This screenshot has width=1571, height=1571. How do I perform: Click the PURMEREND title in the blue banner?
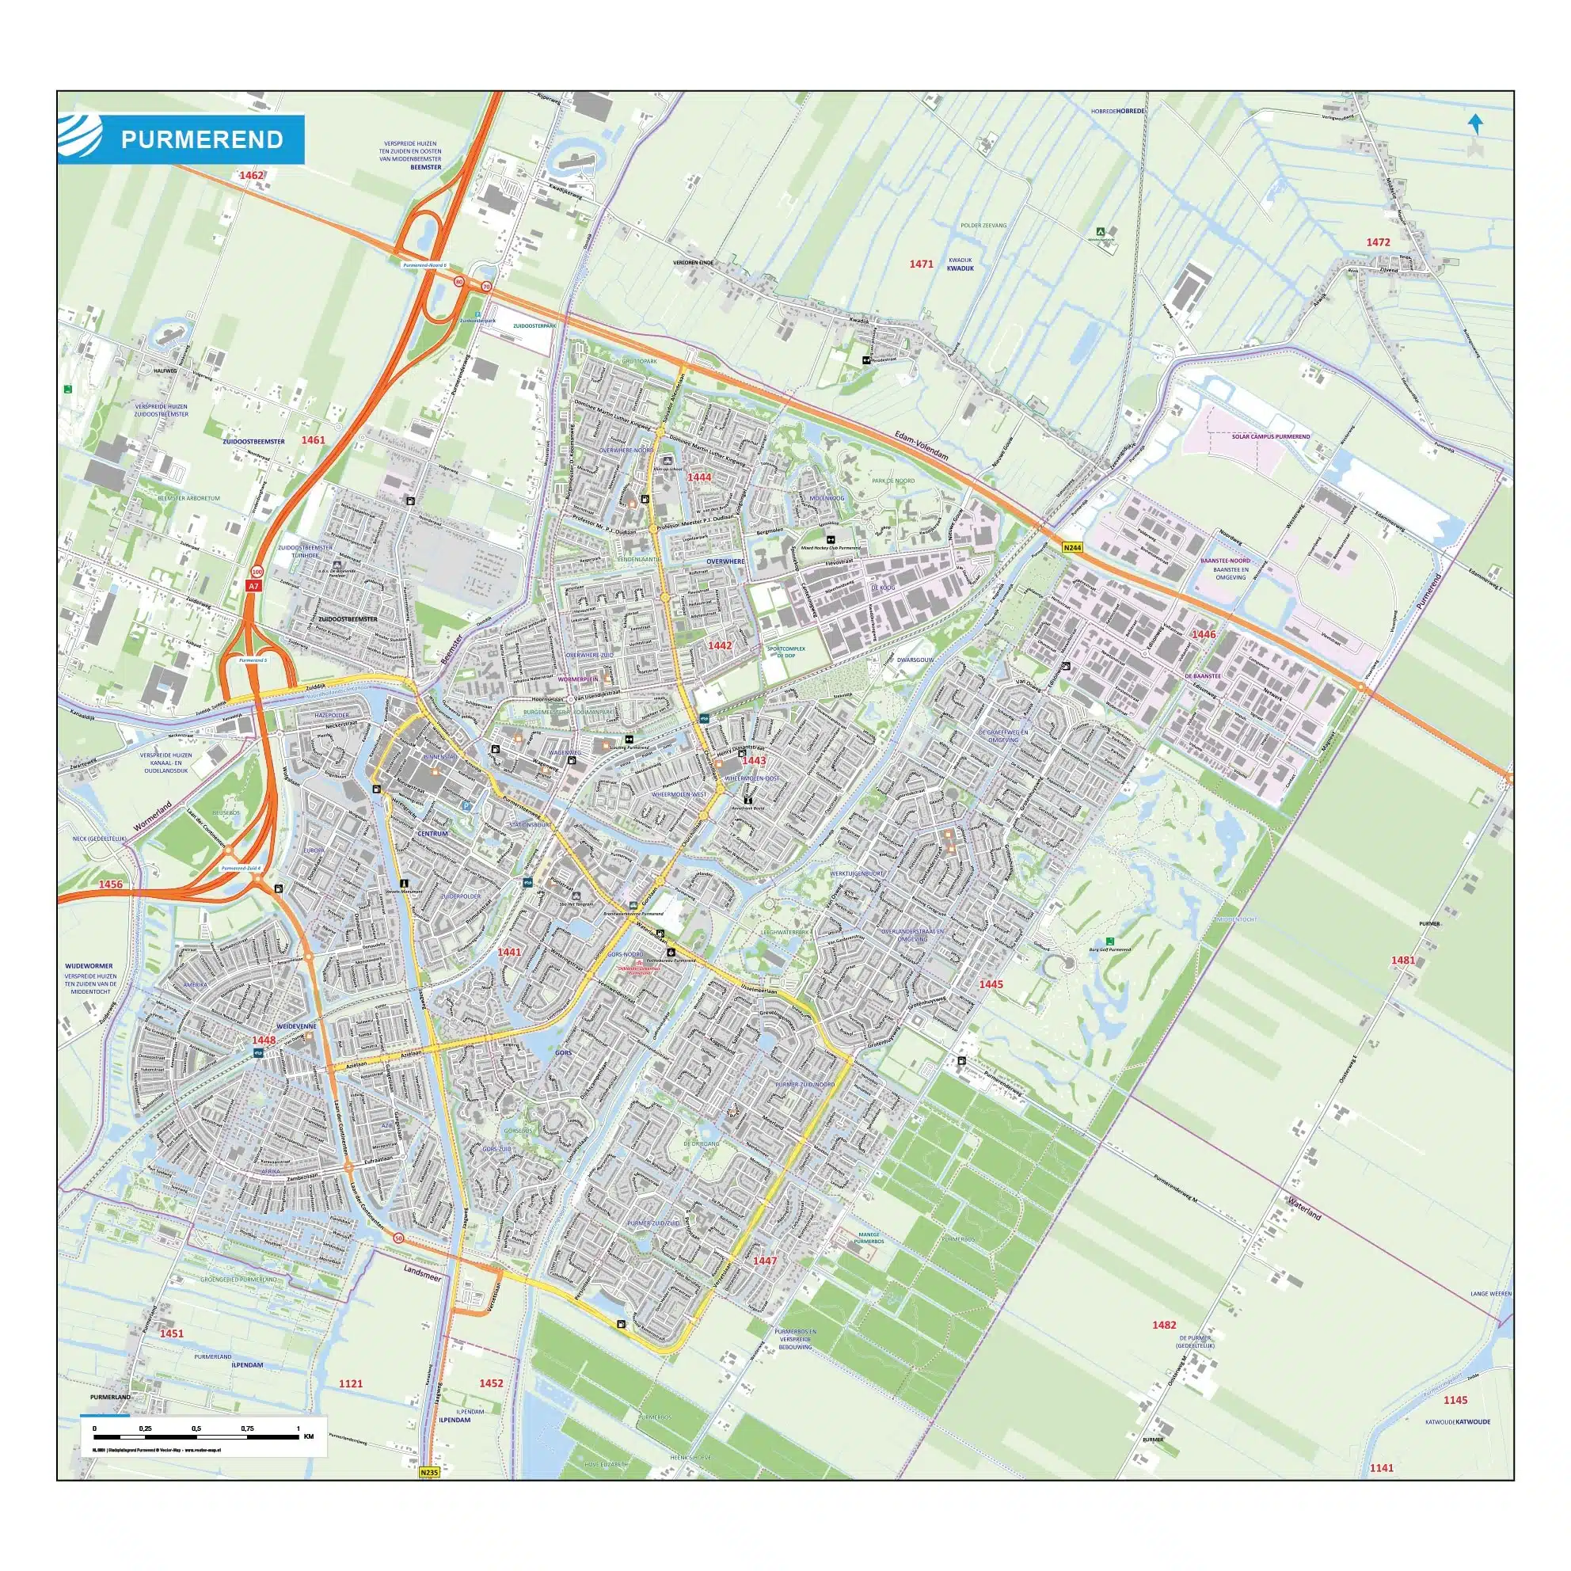(x=202, y=140)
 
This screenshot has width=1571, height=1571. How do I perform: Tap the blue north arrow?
(x=1475, y=124)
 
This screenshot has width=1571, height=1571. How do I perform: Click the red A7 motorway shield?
(x=253, y=585)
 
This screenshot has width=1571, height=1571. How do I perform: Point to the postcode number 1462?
(x=251, y=175)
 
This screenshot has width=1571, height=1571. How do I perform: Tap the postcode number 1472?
(x=1379, y=242)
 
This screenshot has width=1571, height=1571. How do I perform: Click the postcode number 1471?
(x=921, y=264)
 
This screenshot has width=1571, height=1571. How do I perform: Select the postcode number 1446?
(x=1204, y=633)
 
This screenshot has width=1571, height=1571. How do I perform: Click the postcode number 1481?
(x=1402, y=960)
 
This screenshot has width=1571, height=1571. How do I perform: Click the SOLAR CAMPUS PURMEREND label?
(x=1270, y=436)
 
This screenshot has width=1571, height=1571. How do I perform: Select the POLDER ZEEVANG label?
(x=983, y=225)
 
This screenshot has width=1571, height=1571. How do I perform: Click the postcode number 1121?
(x=351, y=1383)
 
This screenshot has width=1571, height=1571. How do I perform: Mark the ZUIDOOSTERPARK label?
(x=534, y=325)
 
